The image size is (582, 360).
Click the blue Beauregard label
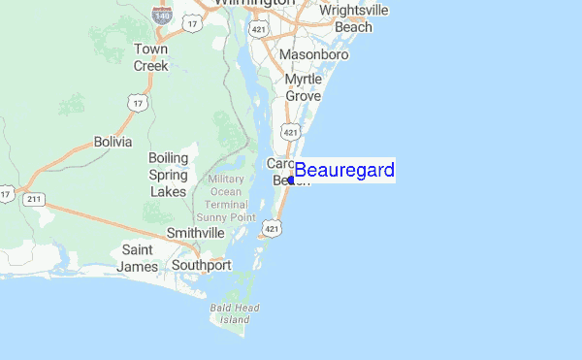(x=344, y=172)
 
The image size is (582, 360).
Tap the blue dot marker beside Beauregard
(x=292, y=180)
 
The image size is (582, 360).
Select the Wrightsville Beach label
(x=353, y=18)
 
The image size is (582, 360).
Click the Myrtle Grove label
(x=303, y=86)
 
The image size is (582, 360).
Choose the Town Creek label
(x=150, y=57)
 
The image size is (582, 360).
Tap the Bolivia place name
(x=113, y=142)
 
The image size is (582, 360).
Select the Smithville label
(x=195, y=233)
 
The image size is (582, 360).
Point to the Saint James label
(x=136, y=257)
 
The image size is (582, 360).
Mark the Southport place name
(x=201, y=265)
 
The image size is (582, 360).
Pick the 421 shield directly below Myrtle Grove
(x=291, y=130)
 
